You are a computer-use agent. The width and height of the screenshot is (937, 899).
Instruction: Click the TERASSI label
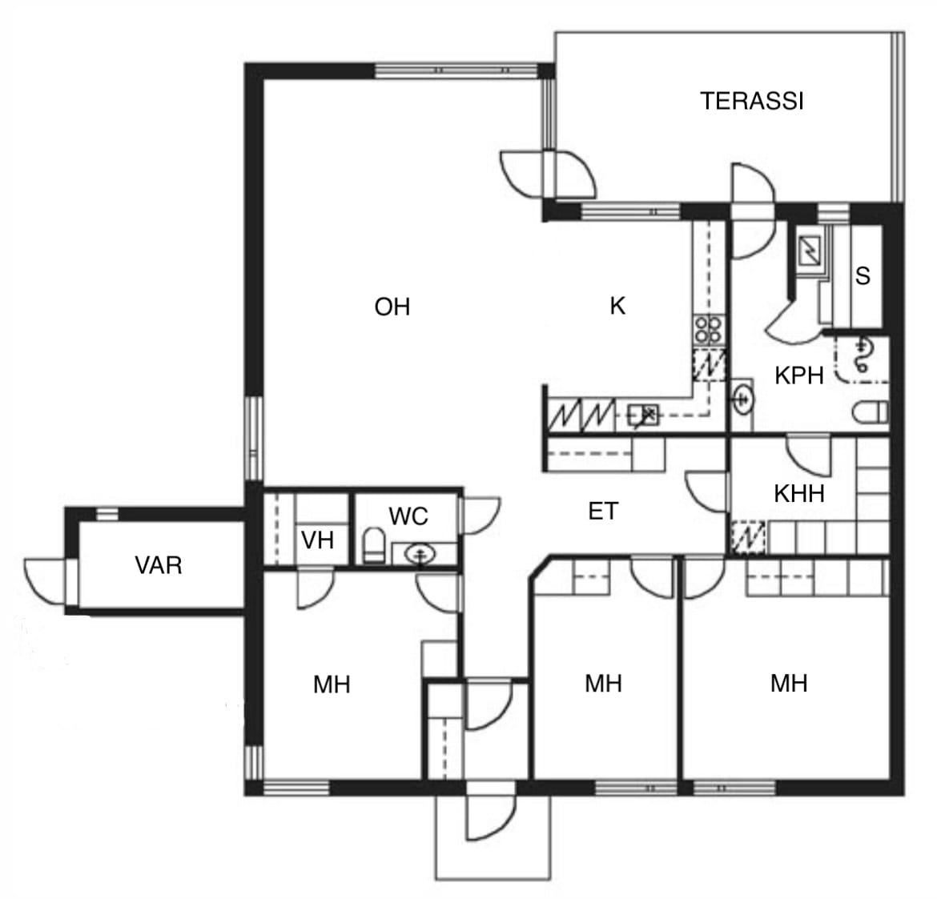(x=752, y=101)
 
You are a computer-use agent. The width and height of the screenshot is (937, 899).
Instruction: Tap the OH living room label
(x=392, y=307)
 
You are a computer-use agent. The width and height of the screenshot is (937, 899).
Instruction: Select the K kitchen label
(x=617, y=306)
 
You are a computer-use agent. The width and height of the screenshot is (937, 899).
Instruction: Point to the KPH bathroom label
(x=799, y=375)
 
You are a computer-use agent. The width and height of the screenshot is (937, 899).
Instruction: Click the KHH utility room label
(x=799, y=494)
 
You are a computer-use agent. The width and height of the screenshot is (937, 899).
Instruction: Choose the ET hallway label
(x=603, y=512)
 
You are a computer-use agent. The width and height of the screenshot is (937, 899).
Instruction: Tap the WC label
(x=408, y=516)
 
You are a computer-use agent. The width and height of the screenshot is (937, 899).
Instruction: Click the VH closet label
(x=317, y=540)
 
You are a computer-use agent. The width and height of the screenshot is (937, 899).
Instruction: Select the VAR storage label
(x=159, y=565)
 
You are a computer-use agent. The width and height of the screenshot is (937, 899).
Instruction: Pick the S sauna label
(x=863, y=276)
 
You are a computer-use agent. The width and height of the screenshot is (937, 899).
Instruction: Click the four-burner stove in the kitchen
(x=709, y=330)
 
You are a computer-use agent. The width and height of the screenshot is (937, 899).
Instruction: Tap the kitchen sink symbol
(x=644, y=415)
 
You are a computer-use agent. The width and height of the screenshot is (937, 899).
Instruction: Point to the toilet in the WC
(x=374, y=545)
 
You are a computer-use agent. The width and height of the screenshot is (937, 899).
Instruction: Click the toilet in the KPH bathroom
(x=870, y=412)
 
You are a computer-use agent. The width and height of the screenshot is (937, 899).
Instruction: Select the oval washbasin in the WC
(x=420, y=554)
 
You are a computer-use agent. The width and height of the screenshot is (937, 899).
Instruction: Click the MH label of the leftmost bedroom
(x=332, y=684)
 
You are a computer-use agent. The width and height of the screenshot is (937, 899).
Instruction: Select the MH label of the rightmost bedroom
(x=789, y=684)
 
